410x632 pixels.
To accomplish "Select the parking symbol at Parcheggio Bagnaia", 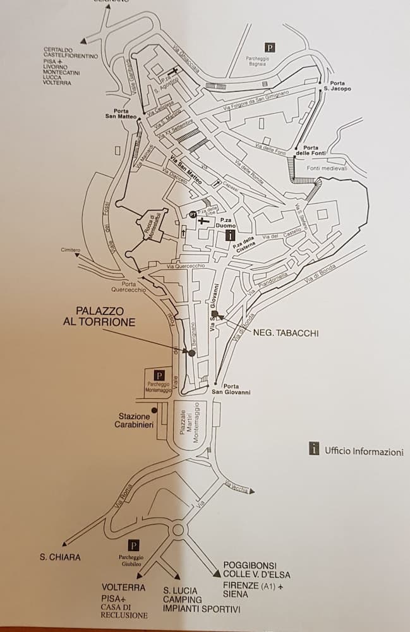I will pos(270,47).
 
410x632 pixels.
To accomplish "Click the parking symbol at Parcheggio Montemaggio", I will pos(159,375).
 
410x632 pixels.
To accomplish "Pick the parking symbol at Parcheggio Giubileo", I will pos(133,545).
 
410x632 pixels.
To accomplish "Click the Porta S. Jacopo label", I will pos(337,86).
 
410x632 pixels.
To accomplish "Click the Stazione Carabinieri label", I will pos(134,420).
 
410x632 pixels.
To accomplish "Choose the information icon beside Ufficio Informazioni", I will pos(314,449).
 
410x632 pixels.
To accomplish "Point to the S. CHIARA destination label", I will pos(60,557).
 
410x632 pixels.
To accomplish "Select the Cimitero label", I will pos(71,250).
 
